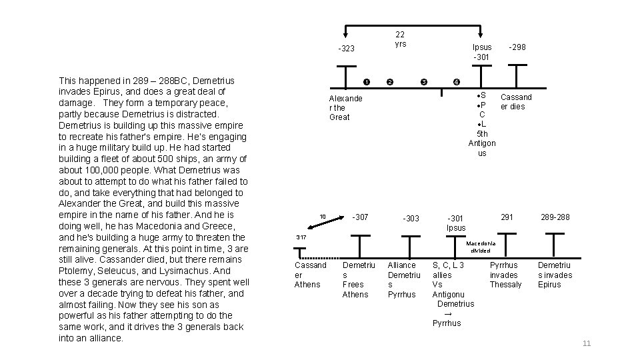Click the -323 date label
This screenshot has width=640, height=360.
click(x=346, y=49)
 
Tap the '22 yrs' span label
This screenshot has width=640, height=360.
click(x=400, y=39)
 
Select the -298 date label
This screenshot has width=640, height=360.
click(x=517, y=47)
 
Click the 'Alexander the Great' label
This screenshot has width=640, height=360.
click(x=346, y=107)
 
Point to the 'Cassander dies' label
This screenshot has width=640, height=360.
click(x=516, y=101)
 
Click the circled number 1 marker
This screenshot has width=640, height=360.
click(x=366, y=82)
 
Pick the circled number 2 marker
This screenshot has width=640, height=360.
click(x=390, y=82)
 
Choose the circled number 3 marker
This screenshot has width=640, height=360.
click(x=424, y=82)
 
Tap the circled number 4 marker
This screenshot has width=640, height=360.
click(x=456, y=82)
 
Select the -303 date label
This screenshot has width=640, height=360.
click(x=411, y=219)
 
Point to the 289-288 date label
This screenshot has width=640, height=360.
click(x=555, y=217)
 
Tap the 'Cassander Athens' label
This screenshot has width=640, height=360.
click(x=310, y=275)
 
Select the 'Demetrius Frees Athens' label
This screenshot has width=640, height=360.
click(x=355, y=279)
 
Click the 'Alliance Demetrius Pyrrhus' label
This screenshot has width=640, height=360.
click(x=403, y=279)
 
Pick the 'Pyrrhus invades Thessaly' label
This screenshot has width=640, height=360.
click(x=506, y=275)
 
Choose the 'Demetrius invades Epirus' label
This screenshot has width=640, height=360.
click(x=554, y=275)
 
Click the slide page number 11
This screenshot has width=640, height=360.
click(x=587, y=343)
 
